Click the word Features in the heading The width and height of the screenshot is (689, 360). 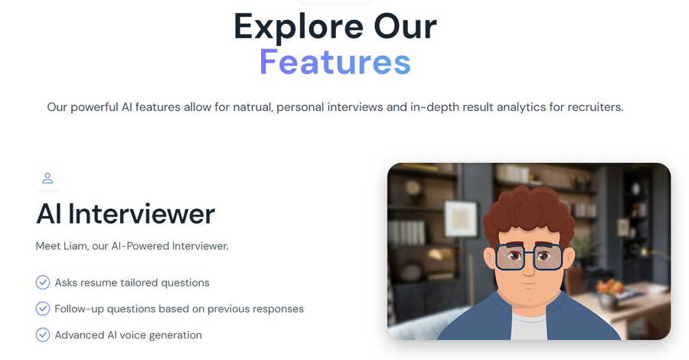(335, 62)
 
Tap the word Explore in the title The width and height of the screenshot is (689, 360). (299, 27)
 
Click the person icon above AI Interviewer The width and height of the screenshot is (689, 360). (47, 178)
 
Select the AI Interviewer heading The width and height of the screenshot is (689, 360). (126, 214)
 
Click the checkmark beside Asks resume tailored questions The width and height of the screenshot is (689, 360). (43, 282)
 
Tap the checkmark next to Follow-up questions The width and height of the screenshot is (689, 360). (43, 309)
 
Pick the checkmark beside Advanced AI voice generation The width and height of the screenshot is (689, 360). (43, 335)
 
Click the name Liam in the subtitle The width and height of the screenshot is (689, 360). (75, 246)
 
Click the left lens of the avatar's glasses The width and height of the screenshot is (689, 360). (510, 257)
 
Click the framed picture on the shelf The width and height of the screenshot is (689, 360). (461, 218)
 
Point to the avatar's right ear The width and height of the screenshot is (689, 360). (568, 258)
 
